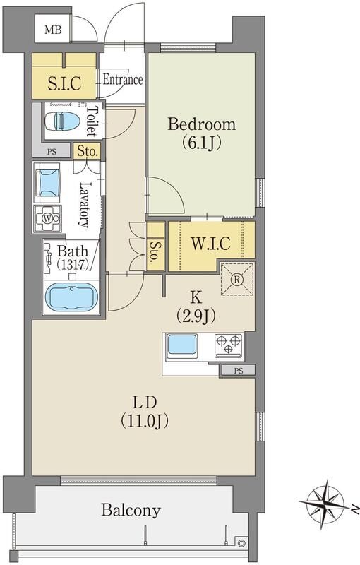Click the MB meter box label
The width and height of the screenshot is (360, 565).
pyautogui.click(x=53, y=30)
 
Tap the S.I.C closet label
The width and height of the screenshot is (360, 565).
pyautogui.click(x=64, y=83)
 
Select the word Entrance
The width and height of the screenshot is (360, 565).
pyautogui.click(x=122, y=80)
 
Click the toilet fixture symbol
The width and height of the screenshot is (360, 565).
pyautogui.click(x=63, y=120)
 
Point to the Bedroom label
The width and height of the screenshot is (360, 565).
pyautogui.click(x=202, y=124)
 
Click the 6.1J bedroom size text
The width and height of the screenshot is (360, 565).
pyautogui.click(x=202, y=143)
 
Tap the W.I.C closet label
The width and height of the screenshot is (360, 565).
pyautogui.click(x=210, y=244)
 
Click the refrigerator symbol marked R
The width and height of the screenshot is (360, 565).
pyautogui.click(x=237, y=279)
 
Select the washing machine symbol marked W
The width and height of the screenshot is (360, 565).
pyautogui.click(x=47, y=218)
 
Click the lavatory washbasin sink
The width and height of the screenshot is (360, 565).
pyautogui.click(x=48, y=183)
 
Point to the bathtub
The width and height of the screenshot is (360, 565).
pyautogui.click(x=71, y=296)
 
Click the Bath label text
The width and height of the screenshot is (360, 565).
pyautogui.click(x=72, y=251)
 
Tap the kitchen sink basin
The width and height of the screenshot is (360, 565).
pyautogui.click(x=183, y=345)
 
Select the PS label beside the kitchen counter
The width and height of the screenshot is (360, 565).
pyautogui.click(x=239, y=370)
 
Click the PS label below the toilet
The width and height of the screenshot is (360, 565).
pyautogui.click(x=52, y=152)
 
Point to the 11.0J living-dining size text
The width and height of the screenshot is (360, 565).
pyautogui.click(x=145, y=420)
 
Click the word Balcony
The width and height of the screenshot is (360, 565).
pyautogui.click(x=131, y=511)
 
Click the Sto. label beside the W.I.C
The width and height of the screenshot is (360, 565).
pyautogui.click(x=155, y=251)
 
